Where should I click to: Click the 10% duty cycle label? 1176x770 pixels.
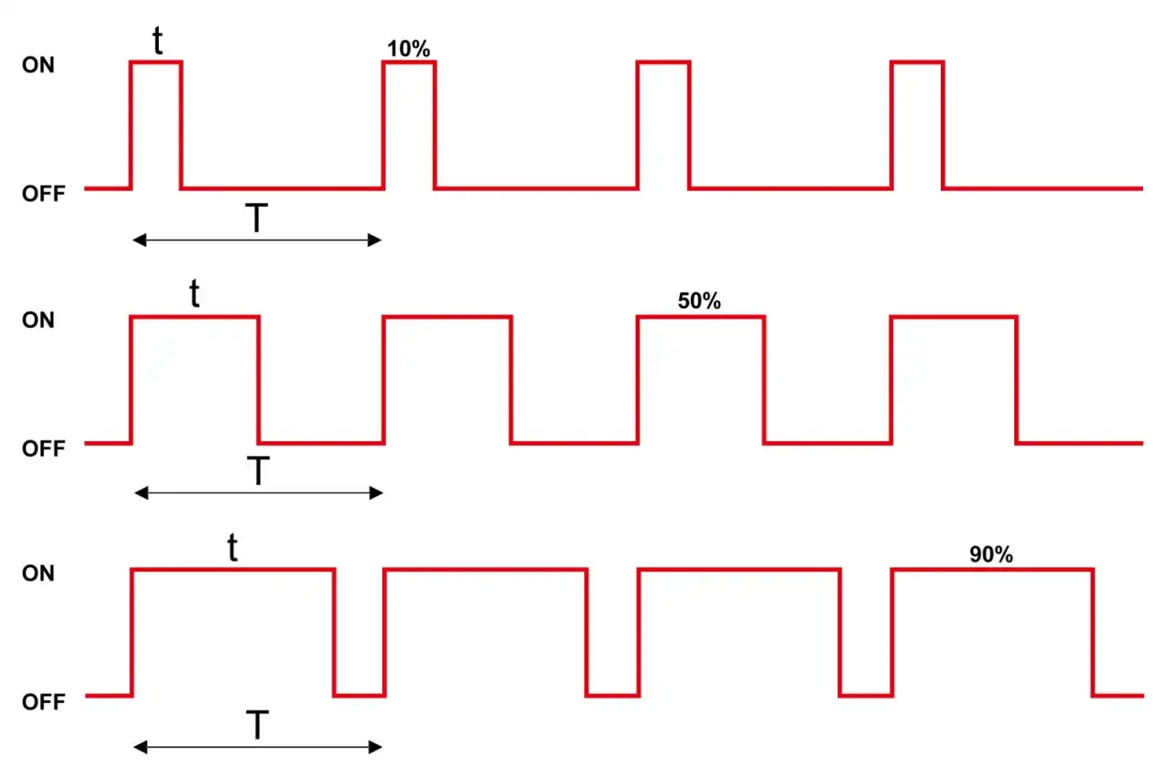[409, 49]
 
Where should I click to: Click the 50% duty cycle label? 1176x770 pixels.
[699, 301]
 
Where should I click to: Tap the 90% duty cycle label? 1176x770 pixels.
[990, 555]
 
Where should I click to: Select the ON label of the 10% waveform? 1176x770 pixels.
[38, 65]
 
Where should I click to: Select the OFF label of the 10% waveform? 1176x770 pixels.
[43, 194]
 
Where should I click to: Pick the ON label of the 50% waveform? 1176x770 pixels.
[38, 320]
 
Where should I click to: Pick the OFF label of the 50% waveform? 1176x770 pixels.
[43, 448]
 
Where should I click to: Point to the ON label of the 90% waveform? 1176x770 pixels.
[38, 573]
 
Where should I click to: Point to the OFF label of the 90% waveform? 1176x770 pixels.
[43, 702]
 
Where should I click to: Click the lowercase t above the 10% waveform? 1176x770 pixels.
[157, 40]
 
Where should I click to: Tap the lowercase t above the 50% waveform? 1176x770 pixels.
[195, 293]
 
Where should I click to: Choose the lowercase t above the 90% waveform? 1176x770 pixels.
[232, 548]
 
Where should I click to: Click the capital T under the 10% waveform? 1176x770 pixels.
[256, 218]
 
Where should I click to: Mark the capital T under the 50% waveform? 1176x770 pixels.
[258, 470]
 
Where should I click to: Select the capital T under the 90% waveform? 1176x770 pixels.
[257, 725]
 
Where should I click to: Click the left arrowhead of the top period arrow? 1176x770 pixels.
[139, 241]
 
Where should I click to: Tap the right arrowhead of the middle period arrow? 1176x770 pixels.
[377, 493]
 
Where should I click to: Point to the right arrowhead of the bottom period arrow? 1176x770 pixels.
[376, 747]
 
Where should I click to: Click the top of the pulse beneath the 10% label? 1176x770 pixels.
[409, 62]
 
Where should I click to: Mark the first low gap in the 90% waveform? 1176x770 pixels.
[359, 696]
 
